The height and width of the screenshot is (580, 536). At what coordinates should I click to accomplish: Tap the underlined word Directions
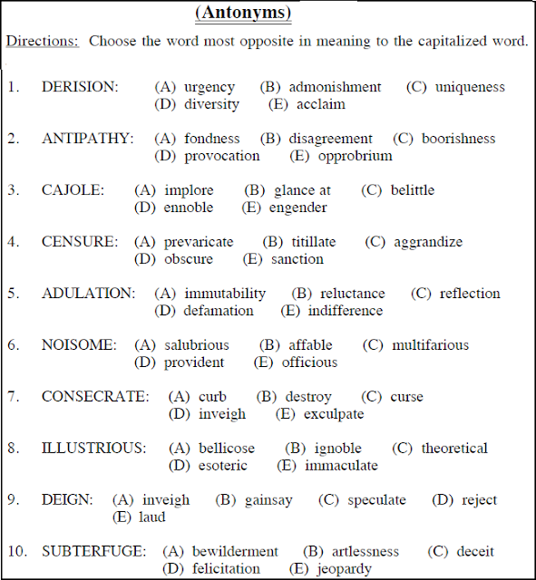tap(43, 42)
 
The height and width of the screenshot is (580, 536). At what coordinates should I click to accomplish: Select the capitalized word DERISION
tap(80, 87)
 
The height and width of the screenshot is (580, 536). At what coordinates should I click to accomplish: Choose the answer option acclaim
tap(320, 104)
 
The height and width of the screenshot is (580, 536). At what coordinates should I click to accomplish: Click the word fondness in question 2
tap(212, 139)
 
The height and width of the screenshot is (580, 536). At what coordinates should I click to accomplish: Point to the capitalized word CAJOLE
tap(73, 190)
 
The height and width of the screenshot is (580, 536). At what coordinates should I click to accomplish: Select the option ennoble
tap(189, 208)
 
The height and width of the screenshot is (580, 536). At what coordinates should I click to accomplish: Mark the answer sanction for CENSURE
tap(297, 259)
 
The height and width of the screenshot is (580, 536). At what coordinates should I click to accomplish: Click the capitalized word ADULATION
tap(88, 294)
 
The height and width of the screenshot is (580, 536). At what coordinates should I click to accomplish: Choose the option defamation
tap(219, 311)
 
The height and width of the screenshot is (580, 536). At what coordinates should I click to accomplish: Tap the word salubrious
tap(197, 345)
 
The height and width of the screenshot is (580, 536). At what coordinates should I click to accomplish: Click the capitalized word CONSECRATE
tap(95, 397)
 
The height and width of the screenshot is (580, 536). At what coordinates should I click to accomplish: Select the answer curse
tap(406, 397)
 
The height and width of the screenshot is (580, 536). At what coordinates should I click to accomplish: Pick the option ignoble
tap(337, 449)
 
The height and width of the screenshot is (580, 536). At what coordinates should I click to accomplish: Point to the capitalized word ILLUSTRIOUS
tap(93, 449)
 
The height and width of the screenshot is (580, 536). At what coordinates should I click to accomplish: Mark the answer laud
tap(151, 517)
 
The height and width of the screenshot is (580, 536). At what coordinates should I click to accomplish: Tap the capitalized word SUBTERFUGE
tap(93, 552)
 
